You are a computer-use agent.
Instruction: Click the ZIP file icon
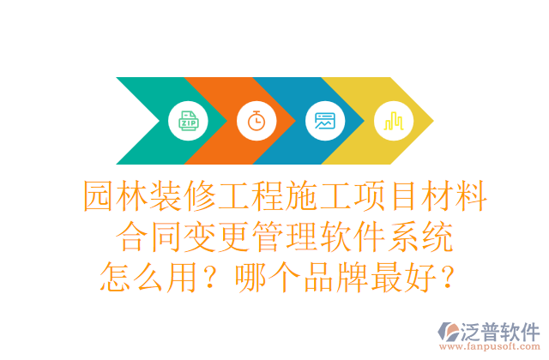188,121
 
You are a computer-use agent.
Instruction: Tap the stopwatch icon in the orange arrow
256,121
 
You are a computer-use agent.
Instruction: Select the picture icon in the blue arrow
324,121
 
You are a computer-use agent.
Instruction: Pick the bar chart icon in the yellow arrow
394,121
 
